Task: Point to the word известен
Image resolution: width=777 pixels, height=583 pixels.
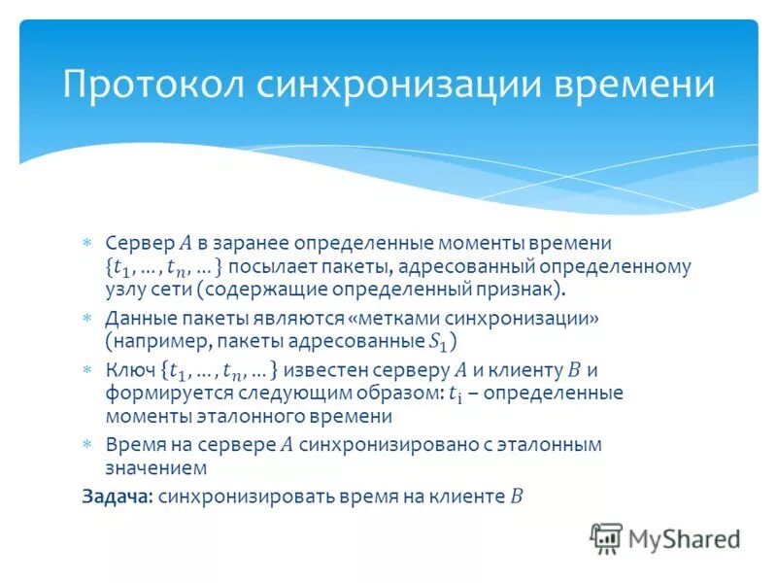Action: (328, 369)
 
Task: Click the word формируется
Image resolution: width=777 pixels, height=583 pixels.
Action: (154, 393)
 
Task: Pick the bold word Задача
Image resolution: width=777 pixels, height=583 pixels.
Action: (116, 496)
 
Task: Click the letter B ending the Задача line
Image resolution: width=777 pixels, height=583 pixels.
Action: (516, 496)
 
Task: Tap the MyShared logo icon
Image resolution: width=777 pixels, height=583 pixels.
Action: (606, 537)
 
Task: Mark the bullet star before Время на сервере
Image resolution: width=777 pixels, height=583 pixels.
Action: (86, 444)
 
